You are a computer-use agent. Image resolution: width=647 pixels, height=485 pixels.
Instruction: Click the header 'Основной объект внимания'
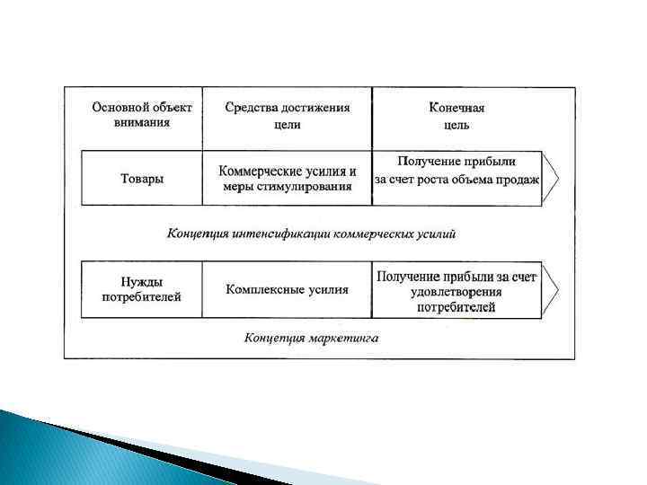click(x=142, y=115)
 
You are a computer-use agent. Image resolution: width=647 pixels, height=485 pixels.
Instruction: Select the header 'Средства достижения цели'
click(x=287, y=115)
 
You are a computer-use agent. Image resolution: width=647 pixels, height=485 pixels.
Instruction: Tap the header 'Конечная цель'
click(x=456, y=115)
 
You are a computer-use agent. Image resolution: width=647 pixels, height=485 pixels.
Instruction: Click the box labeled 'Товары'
click(x=142, y=179)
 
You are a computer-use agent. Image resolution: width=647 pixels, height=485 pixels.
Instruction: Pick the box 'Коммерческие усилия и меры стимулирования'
click(x=287, y=179)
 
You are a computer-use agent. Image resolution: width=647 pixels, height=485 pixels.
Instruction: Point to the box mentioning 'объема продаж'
click(x=456, y=179)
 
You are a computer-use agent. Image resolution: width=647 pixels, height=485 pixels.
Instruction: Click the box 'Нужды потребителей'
click(x=142, y=289)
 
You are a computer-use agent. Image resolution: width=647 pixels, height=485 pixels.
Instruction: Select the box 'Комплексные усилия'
click(x=287, y=289)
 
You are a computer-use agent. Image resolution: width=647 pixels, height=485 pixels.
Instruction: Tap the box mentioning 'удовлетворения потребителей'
click(x=456, y=289)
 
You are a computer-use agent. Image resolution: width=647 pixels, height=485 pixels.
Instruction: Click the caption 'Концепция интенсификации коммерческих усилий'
click(x=312, y=234)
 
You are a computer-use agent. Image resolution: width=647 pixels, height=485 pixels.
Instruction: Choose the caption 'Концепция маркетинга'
click(x=312, y=339)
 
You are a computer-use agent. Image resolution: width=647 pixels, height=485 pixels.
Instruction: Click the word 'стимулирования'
click(x=306, y=187)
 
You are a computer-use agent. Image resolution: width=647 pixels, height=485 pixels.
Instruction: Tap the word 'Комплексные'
click(x=260, y=289)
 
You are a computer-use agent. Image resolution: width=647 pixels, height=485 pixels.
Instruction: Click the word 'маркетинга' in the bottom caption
click(x=345, y=339)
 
